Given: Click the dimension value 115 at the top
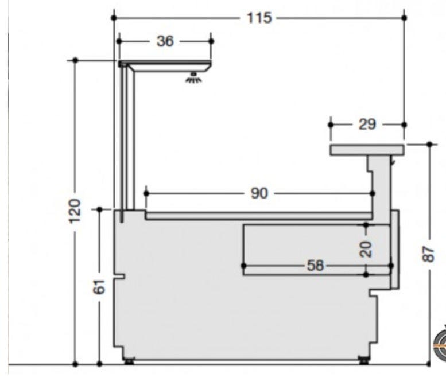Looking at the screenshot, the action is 259,18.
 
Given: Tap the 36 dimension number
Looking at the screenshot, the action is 165,41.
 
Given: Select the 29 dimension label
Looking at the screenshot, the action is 367,125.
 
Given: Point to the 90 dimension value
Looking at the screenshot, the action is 259,193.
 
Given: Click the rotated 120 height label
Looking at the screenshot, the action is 75,211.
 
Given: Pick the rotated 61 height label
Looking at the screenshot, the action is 99,287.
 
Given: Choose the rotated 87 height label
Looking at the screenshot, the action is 429,254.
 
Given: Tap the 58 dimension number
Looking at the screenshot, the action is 316,266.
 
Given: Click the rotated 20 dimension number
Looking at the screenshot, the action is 366,250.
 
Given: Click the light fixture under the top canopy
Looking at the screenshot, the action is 194,77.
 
